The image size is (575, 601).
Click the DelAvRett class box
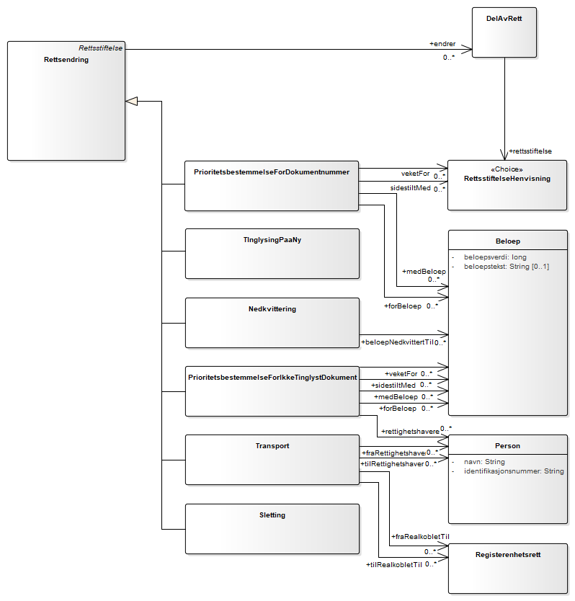click(504, 32)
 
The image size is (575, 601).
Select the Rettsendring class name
click(66, 60)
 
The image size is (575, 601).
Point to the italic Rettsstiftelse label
click(100, 48)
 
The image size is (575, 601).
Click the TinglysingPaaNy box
click(272, 253)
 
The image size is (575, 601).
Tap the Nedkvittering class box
click(272, 322)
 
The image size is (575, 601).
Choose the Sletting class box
click(272, 528)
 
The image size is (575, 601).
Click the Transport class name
click(272, 446)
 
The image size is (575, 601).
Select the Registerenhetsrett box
click(507, 569)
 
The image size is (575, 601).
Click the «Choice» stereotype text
click(507, 169)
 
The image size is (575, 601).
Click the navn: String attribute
click(484, 462)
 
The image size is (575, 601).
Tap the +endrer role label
click(442, 44)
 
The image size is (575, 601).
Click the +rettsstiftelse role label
click(530, 151)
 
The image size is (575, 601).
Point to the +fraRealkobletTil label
click(420, 537)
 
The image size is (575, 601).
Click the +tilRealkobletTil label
click(393, 565)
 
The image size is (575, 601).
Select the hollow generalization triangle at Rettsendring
click(131, 101)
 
